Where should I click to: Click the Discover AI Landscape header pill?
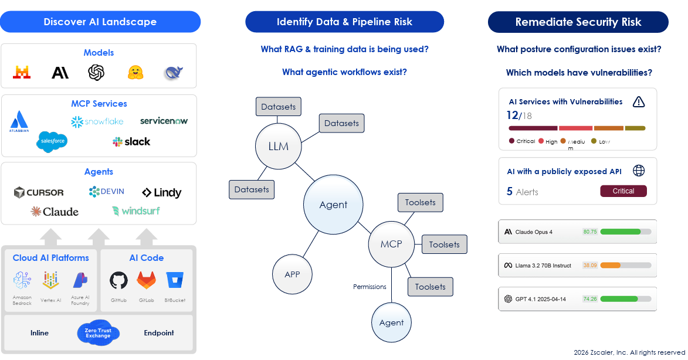click(x=100, y=22)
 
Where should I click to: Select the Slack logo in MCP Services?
click(x=131, y=141)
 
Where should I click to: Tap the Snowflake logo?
click(x=97, y=121)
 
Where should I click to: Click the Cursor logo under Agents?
click(x=39, y=192)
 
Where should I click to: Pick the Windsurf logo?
click(x=135, y=211)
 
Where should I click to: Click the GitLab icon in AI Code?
click(x=147, y=280)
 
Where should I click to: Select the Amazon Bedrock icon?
click(x=22, y=280)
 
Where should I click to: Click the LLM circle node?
click(x=279, y=147)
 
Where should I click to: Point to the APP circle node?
click(x=292, y=274)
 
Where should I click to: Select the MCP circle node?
click(x=391, y=244)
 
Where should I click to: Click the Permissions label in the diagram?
click(x=370, y=287)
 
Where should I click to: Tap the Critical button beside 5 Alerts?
click(x=623, y=191)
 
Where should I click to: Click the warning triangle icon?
click(x=639, y=102)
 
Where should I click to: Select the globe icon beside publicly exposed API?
click(x=639, y=171)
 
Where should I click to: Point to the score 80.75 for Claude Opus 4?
click(x=589, y=232)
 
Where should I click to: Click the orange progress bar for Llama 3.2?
click(x=610, y=266)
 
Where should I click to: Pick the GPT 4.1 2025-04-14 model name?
click(x=540, y=299)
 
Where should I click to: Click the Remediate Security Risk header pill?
click(x=578, y=22)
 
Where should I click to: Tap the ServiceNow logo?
click(x=164, y=121)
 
